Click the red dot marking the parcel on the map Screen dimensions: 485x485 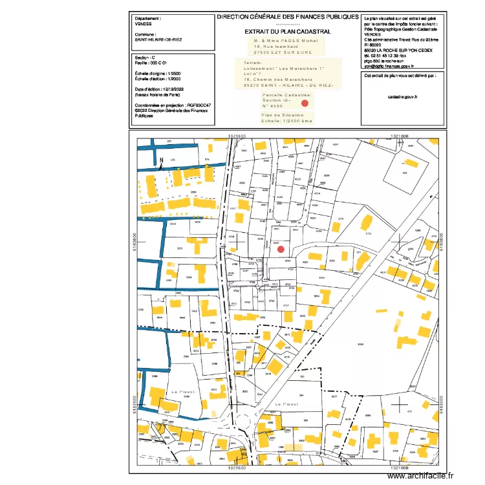coord(280,249)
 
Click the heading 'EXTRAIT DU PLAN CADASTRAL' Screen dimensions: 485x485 coord(288,31)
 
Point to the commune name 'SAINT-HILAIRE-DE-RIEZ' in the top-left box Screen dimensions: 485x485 coord(158,39)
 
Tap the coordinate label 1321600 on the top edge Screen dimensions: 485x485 coord(237,136)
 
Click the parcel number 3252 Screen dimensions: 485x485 coord(180,248)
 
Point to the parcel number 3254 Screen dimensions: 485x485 coord(188,277)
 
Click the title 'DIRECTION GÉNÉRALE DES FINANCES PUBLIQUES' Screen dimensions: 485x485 coord(288,17)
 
